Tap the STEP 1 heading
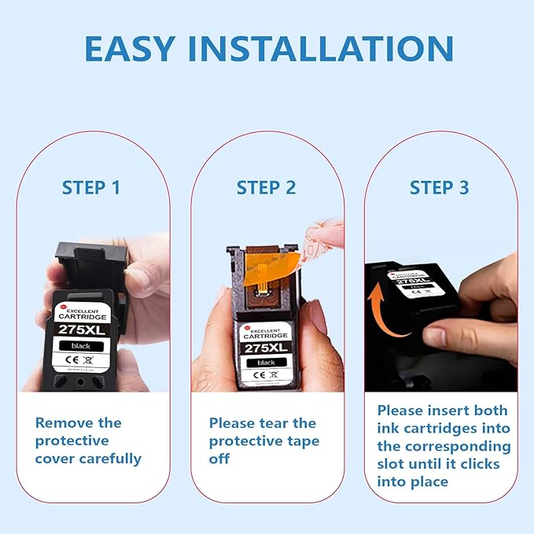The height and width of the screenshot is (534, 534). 91,188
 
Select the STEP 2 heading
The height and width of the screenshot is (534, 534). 267,188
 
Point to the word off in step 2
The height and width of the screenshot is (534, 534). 219,459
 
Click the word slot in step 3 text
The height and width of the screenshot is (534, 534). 393,464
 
